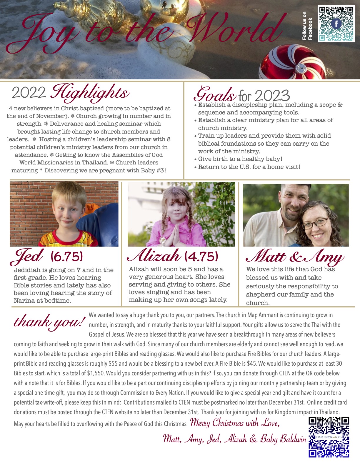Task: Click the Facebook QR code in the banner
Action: [x=336, y=24]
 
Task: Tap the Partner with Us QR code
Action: [x=329, y=437]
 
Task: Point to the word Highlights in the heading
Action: [x=90, y=92]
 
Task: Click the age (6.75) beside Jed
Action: [x=67, y=257]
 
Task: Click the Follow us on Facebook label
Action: [x=307, y=26]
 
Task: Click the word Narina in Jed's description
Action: [x=25, y=301]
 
